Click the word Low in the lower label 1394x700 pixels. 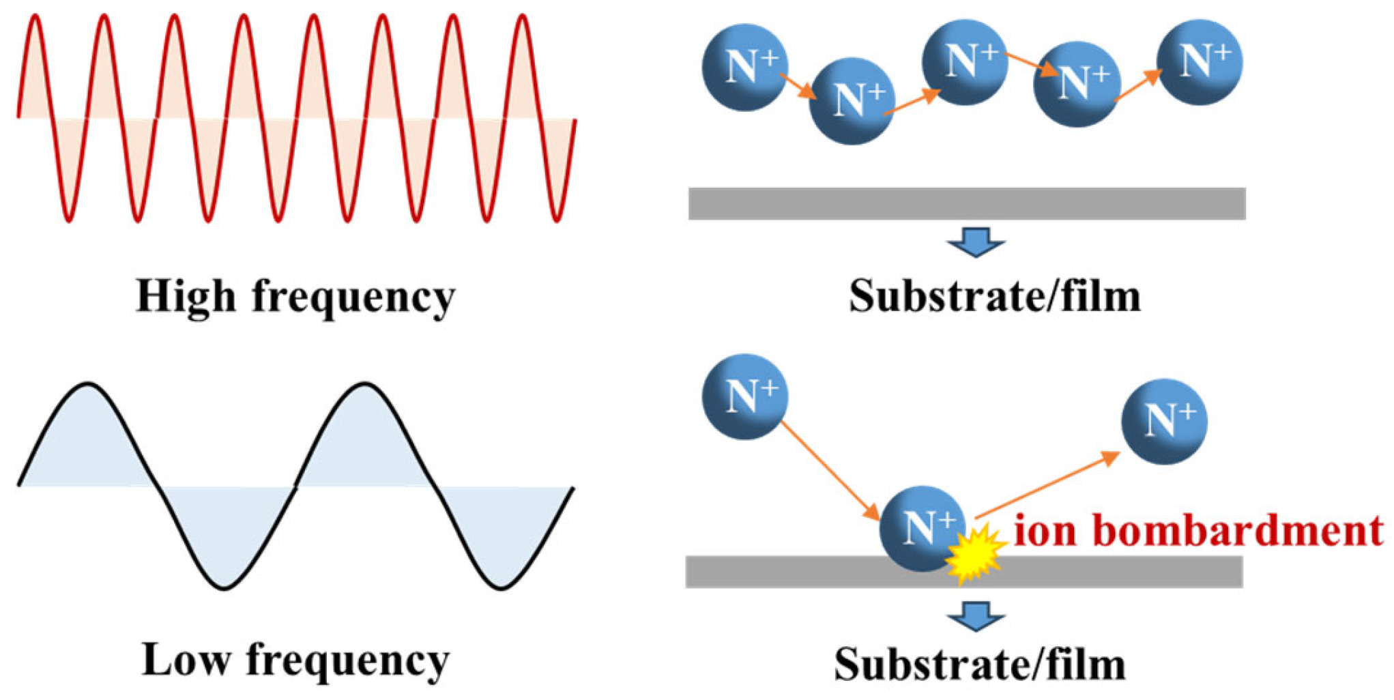pyautogui.click(x=185, y=660)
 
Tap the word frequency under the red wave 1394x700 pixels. pyautogui.click(x=353, y=299)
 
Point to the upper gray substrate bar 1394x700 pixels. pyautogui.click(x=967, y=203)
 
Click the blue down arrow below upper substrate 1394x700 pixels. pyautogui.click(x=976, y=242)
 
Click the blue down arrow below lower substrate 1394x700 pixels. pyautogui.click(x=976, y=616)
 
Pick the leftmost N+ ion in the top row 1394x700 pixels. pyautogui.click(x=745, y=68)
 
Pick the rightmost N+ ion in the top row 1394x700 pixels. pyautogui.click(x=1200, y=62)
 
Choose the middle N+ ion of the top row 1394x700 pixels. pyautogui.click(x=964, y=62)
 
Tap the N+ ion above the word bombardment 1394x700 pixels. pyautogui.click(x=1164, y=422)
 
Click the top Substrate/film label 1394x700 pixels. pyautogui.click(x=994, y=297)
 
